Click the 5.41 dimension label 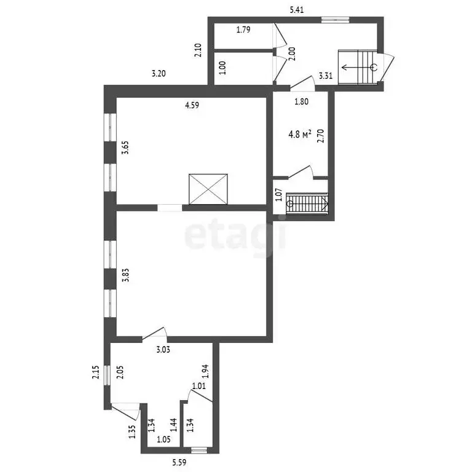(296, 10)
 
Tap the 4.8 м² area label (300, 133)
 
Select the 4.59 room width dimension (192, 105)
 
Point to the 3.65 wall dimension (125, 147)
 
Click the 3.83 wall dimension (125, 275)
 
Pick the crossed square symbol (208, 189)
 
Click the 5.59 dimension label (179, 462)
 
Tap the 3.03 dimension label (163, 350)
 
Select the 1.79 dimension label (243, 29)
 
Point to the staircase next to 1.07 (307, 203)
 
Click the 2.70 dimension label (321, 136)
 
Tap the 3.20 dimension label (159, 74)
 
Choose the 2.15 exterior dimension (96, 372)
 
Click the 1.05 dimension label (163, 439)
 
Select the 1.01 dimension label (199, 385)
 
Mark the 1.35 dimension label (132, 431)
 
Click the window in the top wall (335, 20)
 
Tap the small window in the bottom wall (199, 450)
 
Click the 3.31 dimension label (326, 76)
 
